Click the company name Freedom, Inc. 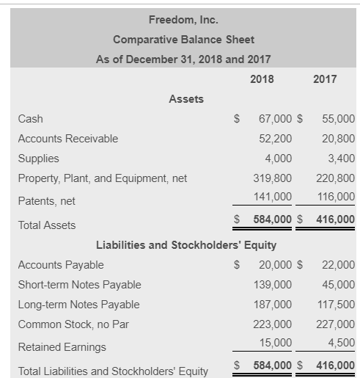(x=183, y=19)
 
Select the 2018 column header (x=262, y=79)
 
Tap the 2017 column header (x=325, y=79)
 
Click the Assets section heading (x=186, y=98)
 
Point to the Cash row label (x=30, y=118)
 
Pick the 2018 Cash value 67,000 (x=276, y=118)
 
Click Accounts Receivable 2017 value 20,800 (x=338, y=138)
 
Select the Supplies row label (x=38, y=158)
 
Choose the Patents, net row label (x=47, y=200)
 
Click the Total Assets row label (x=46, y=225)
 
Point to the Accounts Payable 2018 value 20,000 (x=275, y=265)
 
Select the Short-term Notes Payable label (x=79, y=285)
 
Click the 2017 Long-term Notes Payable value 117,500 (x=335, y=305)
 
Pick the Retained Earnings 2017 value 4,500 (x=341, y=342)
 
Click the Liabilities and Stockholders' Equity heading (x=186, y=245)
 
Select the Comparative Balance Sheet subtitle (x=183, y=39)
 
